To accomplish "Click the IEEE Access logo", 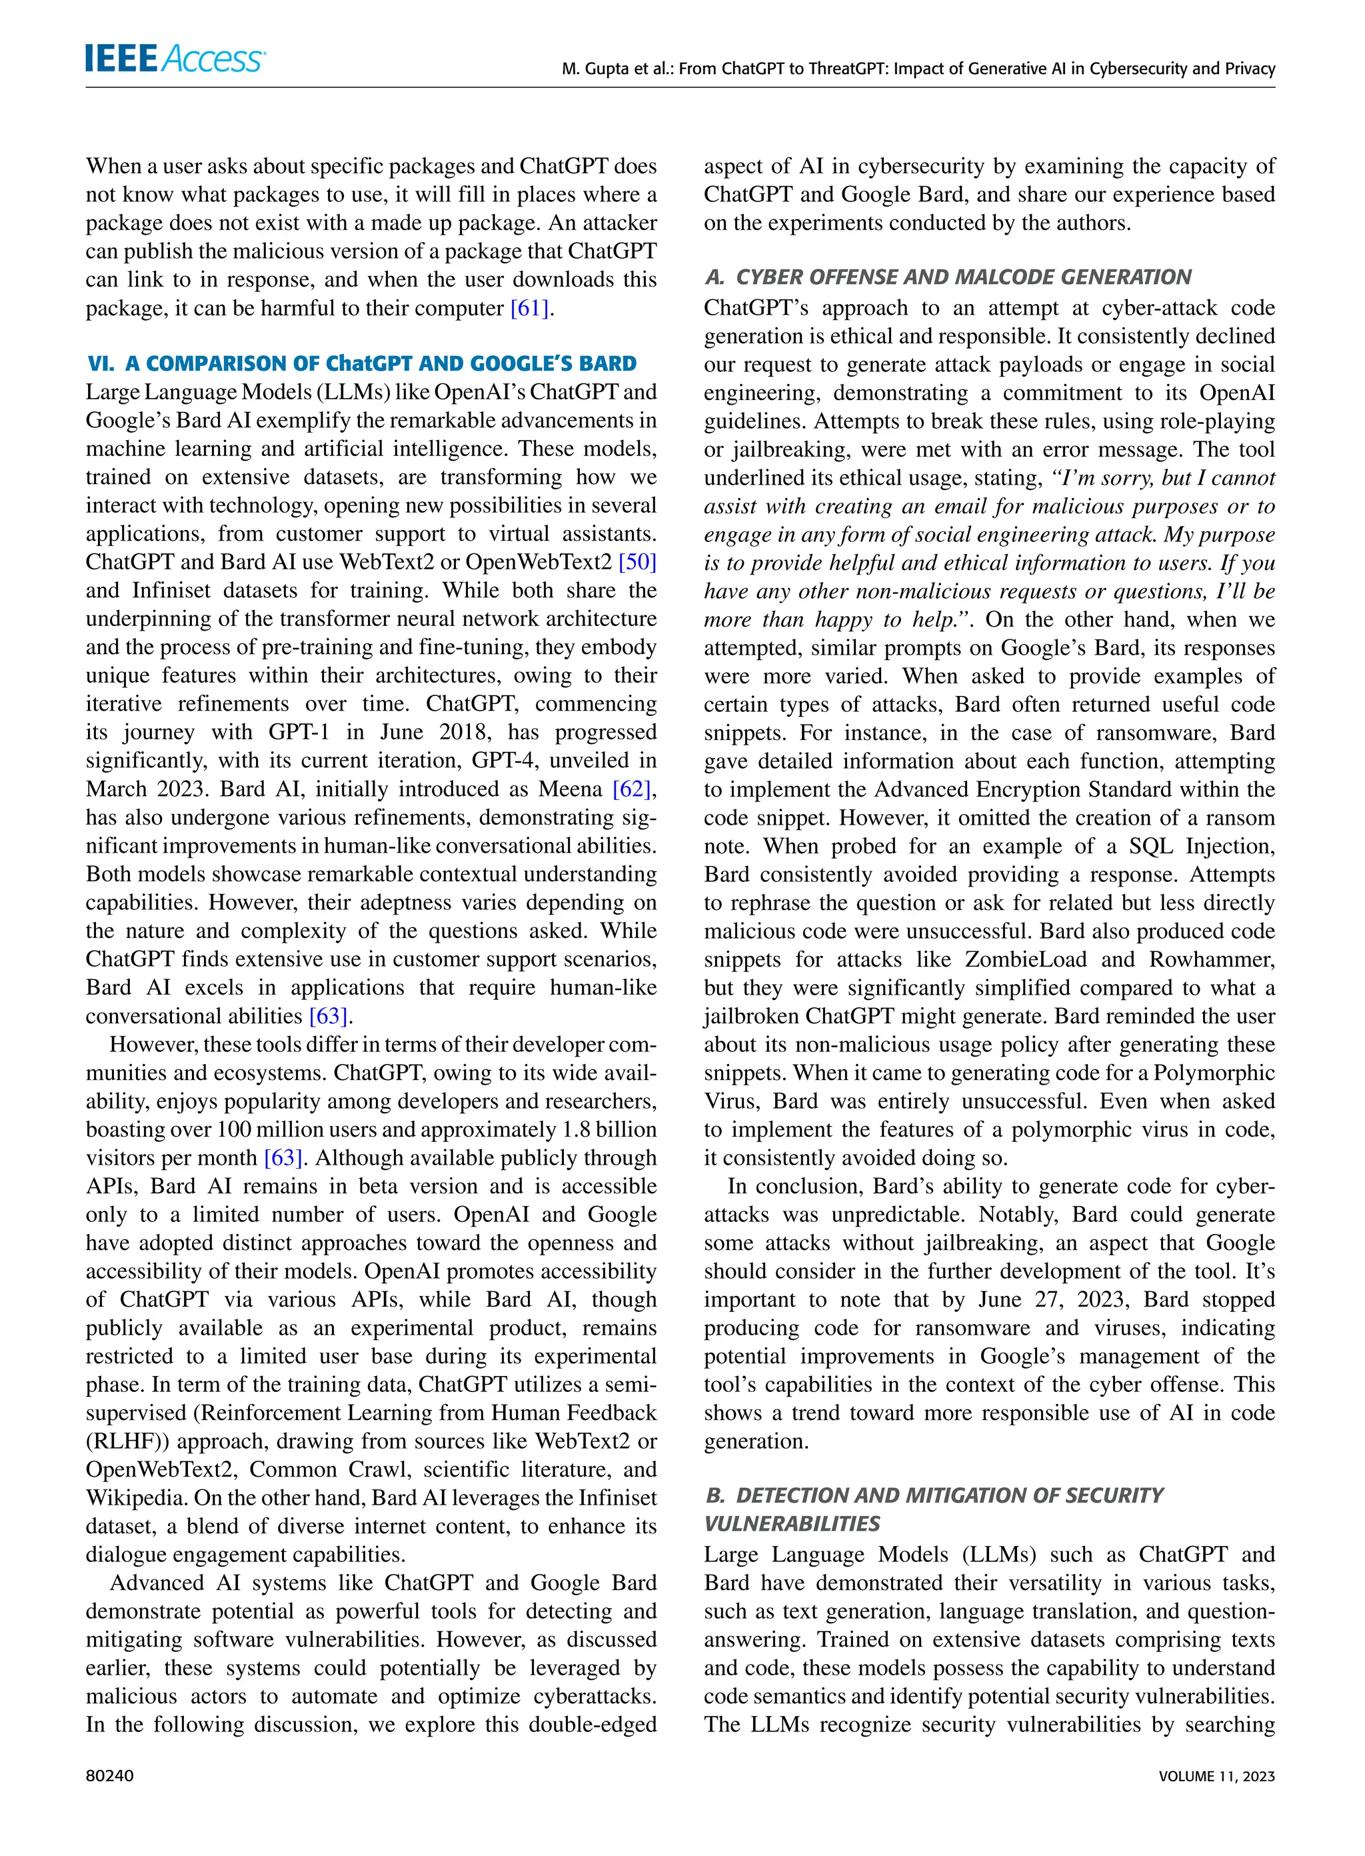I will [175, 59].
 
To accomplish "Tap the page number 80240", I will [109, 1776].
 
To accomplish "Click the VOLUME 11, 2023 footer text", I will [1216, 1776].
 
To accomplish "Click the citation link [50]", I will [637, 562].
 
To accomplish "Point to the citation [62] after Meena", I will [632, 789].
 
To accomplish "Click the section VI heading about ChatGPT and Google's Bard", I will [362, 363].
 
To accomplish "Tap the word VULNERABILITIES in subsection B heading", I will [792, 1523].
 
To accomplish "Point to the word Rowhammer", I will [1211, 959].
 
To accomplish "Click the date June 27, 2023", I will [1052, 1299].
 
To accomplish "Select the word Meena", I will [570, 789].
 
